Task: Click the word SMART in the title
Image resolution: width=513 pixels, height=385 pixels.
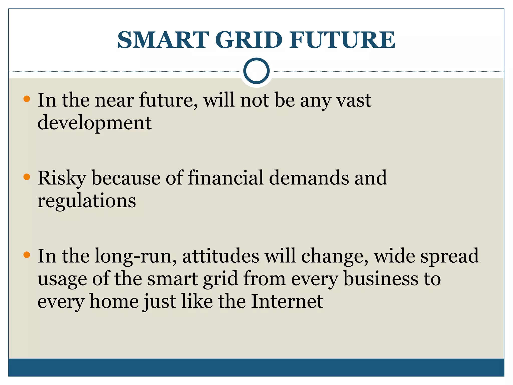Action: coord(163,40)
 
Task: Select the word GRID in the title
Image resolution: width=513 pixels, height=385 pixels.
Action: coord(248,40)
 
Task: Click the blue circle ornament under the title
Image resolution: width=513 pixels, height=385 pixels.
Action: coord(256,71)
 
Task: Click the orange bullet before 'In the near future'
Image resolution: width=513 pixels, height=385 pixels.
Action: coord(27,99)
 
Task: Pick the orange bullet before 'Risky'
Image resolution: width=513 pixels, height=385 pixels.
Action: coord(27,177)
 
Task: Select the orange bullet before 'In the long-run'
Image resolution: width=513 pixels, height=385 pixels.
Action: coord(27,255)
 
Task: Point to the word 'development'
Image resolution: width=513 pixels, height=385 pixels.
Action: coord(94,123)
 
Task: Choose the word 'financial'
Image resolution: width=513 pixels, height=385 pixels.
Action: coord(226,178)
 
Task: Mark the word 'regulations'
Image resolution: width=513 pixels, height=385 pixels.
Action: coord(87,201)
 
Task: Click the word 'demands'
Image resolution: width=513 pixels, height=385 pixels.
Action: coord(309,178)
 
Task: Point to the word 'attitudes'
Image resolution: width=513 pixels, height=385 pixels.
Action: coord(221,256)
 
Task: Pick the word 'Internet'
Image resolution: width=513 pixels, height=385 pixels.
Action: coord(287,302)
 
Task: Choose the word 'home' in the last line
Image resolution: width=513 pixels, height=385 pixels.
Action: coord(114,302)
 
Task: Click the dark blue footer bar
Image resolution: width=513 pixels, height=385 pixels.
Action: coord(256,367)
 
